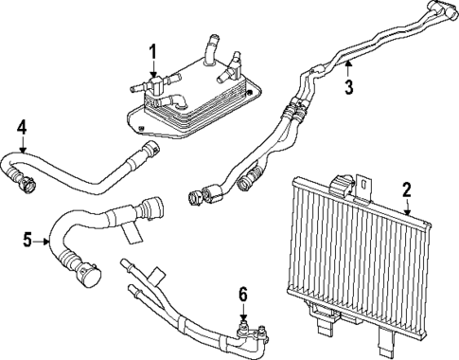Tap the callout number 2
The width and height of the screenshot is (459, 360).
click(406, 190)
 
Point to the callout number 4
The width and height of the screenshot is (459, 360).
click(22, 126)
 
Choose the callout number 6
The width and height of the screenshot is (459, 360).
click(244, 296)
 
